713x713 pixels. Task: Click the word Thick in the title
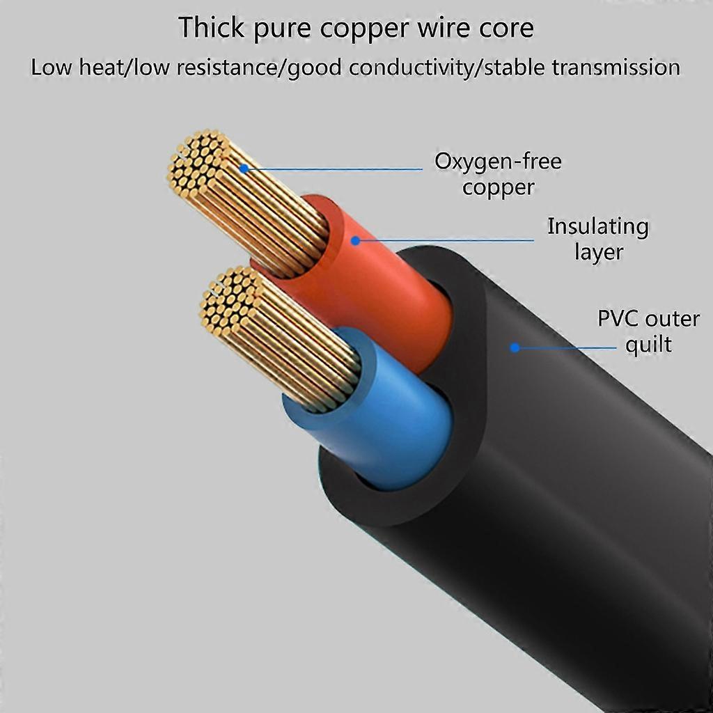tap(208, 28)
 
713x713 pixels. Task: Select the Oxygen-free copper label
tap(498, 174)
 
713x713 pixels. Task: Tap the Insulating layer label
tap(597, 239)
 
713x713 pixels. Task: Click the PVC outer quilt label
tap(648, 331)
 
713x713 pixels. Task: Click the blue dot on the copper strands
tap(244, 169)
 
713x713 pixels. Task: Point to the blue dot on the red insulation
tap(355, 241)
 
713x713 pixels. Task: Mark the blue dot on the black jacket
tap(515, 347)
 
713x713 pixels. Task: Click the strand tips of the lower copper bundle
tap(230, 299)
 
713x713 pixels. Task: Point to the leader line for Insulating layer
tap(446, 241)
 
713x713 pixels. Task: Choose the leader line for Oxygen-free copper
tap(334, 169)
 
